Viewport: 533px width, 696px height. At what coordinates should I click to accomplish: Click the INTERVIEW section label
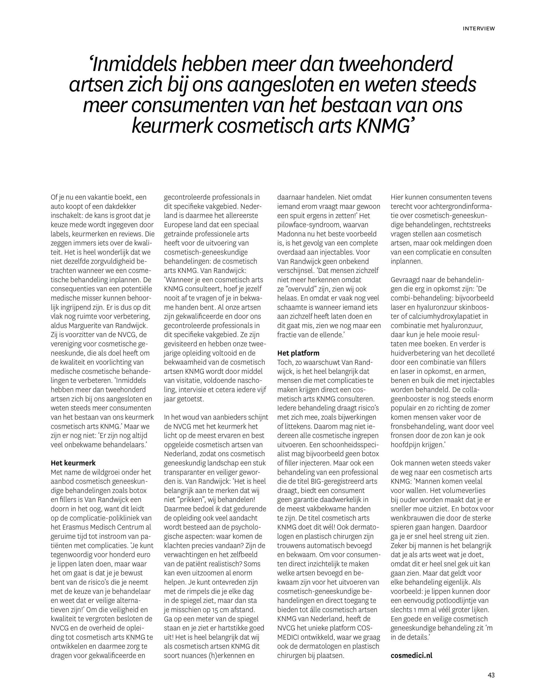[478, 29]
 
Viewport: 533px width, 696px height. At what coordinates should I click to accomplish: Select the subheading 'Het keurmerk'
[73, 463]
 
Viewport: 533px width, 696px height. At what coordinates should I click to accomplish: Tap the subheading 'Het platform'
[298, 353]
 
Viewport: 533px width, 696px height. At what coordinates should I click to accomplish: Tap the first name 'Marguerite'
[90, 326]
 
